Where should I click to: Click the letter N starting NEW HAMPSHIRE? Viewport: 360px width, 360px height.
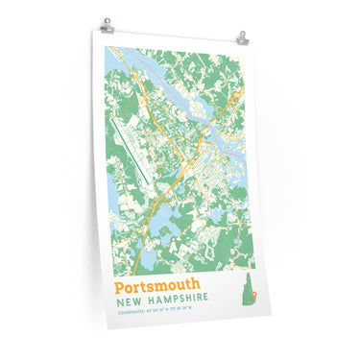(x=117, y=300)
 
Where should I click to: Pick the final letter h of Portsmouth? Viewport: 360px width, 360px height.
(x=197, y=285)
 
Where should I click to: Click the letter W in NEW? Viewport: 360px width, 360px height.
(x=135, y=300)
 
